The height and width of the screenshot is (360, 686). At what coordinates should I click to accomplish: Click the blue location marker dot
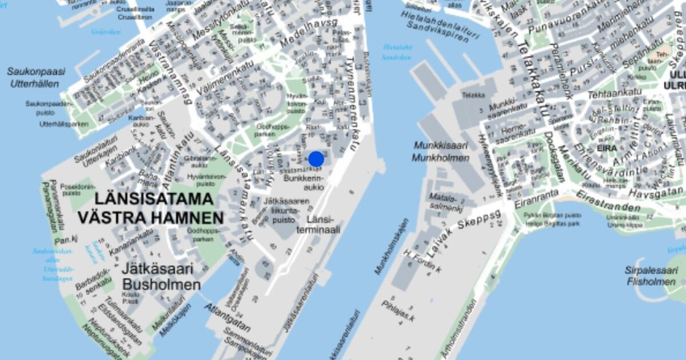click(x=316, y=159)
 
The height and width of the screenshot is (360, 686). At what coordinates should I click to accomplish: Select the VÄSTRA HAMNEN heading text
click(x=151, y=218)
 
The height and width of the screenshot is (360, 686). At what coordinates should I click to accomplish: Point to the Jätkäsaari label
click(x=157, y=270)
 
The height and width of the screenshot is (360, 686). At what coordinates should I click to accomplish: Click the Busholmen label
click(x=162, y=285)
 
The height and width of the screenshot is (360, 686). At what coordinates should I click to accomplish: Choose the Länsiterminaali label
click(x=324, y=225)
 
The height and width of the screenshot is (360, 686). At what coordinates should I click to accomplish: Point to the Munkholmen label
click(x=440, y=158)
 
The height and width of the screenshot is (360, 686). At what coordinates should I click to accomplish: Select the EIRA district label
click(x=606, y=149)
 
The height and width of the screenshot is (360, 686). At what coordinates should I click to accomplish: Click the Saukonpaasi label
click(x=37, y=71)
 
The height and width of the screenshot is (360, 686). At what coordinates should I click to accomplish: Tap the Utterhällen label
click(x=34, y=83)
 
